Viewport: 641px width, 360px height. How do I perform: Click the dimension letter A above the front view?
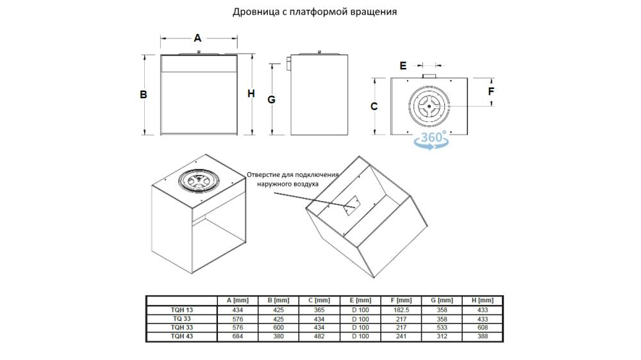click(197, 38)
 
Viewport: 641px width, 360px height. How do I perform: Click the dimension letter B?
click(144, 94)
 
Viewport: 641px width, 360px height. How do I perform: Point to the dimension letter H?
click(251, 94)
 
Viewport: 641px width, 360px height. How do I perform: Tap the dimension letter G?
click(272, 99)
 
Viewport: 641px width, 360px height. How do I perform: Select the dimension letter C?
click(374, 106)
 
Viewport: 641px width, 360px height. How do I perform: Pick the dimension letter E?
click(403, 65)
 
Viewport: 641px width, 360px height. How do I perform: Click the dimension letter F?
click(491, 91)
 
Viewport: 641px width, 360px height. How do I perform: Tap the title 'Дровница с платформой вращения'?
click(315, 12)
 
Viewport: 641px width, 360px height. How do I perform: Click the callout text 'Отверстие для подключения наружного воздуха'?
click(293, 179)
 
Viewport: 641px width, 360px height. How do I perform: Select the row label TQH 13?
click(182, 309)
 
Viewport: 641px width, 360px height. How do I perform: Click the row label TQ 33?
click(182, 318)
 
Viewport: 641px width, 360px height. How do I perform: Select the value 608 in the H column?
click(482, 327)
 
